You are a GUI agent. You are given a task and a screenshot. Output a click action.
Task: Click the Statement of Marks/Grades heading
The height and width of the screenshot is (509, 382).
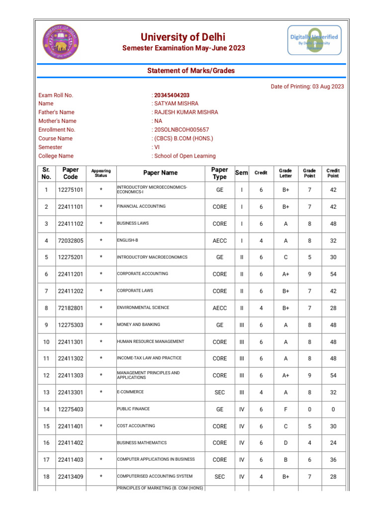click(x=191, y=71)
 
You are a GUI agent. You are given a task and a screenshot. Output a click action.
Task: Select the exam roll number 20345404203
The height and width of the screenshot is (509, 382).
click(x=172, y=95)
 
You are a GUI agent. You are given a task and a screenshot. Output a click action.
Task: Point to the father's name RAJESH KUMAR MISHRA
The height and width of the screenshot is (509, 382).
click(x=186, y=112)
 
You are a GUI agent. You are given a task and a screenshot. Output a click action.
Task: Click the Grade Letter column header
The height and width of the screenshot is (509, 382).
click(x=286, y=173)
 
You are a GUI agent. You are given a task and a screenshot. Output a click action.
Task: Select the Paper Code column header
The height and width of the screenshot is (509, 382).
click(x=71, y=173)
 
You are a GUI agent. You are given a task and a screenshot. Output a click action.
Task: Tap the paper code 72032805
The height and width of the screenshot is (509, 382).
click(x=71, y=241)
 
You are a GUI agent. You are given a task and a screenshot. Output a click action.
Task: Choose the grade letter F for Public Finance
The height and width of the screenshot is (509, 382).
click(x=286, y=410)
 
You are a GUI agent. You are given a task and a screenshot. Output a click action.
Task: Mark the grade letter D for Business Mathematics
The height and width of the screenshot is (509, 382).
click(x=286, y=443)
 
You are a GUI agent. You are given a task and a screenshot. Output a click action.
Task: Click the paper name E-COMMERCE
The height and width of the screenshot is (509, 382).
click(x=130, y=392)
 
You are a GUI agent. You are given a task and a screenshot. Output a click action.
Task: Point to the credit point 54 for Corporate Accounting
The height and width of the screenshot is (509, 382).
click(x=333, y=274)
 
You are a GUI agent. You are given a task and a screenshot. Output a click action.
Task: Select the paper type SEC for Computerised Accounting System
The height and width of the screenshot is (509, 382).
click(x=220, y=477)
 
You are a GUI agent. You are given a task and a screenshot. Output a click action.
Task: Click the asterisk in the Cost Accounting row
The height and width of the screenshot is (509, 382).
click(x=101, y=426)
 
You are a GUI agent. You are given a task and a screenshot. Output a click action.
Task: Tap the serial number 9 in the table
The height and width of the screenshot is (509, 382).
click(x=46, y=325)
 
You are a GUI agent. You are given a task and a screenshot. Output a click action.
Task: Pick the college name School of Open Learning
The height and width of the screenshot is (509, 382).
click(x=185, y=156)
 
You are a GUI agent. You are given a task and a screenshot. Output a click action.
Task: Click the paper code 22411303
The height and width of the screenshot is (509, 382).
click(x=71, y=376)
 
